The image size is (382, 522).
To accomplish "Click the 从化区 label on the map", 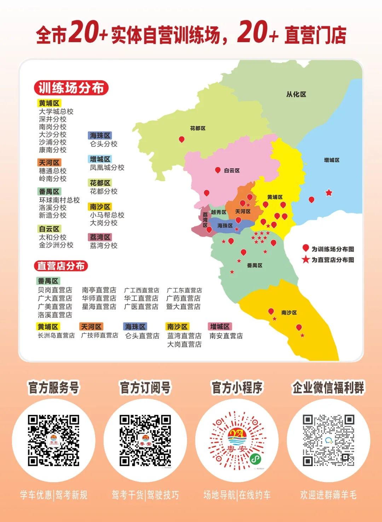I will pos(296,94).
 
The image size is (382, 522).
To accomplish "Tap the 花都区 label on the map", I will pos(198,128).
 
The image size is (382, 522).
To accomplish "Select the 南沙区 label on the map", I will pos(289,313).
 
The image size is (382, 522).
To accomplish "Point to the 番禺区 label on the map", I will pos(255,265).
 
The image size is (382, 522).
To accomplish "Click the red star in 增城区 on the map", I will pos(329,193).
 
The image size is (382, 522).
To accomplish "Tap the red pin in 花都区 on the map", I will pos(181,139).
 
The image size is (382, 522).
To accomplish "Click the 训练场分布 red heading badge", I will pos(71,88).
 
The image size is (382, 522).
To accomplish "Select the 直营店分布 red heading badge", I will pos(61,266).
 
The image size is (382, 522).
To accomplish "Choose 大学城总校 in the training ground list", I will pos(56,112).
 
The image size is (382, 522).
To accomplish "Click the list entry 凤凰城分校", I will pos(107,168).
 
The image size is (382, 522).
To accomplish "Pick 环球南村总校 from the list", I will pos(59,200).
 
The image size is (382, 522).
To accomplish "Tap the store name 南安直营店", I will pos(226,336).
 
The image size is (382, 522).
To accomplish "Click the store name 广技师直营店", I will pos(100,335).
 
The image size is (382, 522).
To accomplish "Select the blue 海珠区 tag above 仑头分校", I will pos(100,135).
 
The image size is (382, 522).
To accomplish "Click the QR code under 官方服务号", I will pos(54,440).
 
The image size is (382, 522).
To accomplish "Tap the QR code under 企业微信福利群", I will pos(328,440).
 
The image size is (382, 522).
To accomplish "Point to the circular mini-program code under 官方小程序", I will pos(237,440).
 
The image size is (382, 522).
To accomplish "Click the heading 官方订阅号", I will pos(145,388).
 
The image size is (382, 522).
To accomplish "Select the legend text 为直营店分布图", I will pos(332,260).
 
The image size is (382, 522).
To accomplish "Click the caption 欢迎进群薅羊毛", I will pos(328,495).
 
